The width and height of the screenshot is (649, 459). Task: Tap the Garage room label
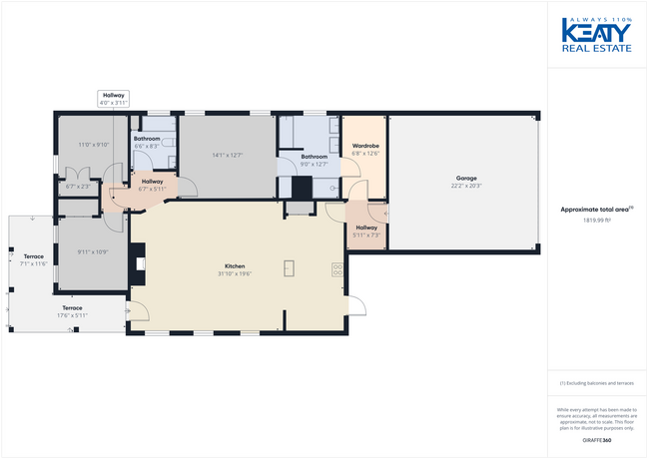coord(466,179)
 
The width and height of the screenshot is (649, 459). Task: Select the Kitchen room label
coord(235,266)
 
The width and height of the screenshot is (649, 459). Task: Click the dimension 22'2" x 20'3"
coord(466,186)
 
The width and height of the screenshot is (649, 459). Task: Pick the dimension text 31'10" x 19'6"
coord(235,273)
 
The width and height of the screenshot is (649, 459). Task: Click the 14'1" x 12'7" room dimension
coord(228,155)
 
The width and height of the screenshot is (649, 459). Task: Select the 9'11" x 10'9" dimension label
coord(92,250)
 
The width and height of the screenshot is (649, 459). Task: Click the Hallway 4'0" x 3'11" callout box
coord(114,99)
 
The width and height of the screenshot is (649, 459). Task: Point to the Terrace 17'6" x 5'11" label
coord(73,311)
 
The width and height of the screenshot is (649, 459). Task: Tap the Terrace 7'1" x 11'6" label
coord(33,259)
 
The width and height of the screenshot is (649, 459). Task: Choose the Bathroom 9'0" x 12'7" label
coord(315,160)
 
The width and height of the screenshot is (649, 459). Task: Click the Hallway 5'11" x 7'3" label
coord(366,231)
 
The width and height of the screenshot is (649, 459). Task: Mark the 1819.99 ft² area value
coord(597,220)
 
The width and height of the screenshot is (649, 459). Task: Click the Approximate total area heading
coord(597,209)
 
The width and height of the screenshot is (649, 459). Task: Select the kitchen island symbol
coord(289,267)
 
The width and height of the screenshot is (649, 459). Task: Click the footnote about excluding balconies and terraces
coord(597,382)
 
